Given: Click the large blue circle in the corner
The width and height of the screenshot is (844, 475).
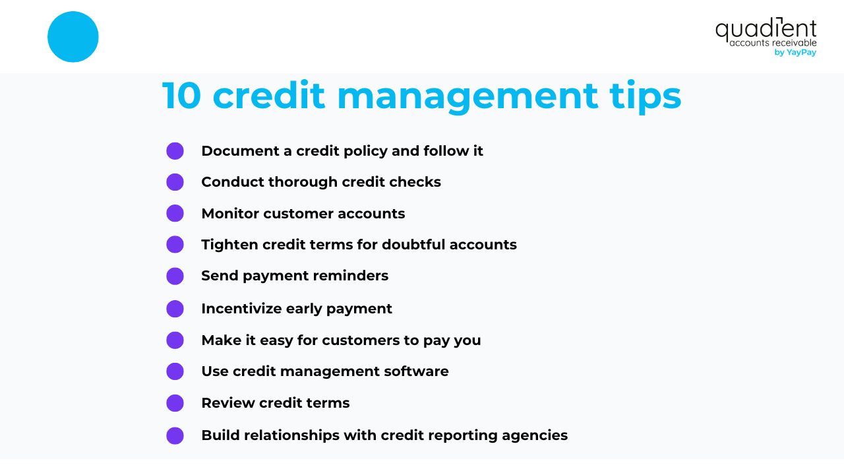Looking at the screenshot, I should pos(73,37).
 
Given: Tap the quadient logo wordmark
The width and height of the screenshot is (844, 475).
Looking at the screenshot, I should pos(766,30).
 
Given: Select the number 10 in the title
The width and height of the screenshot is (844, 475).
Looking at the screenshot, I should pos(181,96).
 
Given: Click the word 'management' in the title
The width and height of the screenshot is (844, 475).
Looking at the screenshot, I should pos(467,97).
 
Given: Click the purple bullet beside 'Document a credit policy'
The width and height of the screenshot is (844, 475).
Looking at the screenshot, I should pos(175,151).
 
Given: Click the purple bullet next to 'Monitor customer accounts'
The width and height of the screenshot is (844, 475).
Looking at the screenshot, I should pos(175,213).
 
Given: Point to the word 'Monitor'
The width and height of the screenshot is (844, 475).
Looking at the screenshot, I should pos(229,214).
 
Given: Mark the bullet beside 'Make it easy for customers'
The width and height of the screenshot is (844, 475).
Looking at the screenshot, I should pos(175,340).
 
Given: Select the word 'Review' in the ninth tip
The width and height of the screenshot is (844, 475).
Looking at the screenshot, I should pos(226,403).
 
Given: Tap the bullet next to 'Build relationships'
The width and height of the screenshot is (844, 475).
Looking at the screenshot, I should pos(175,435).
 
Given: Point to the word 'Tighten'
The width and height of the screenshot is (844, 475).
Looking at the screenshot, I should pos(229,245).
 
